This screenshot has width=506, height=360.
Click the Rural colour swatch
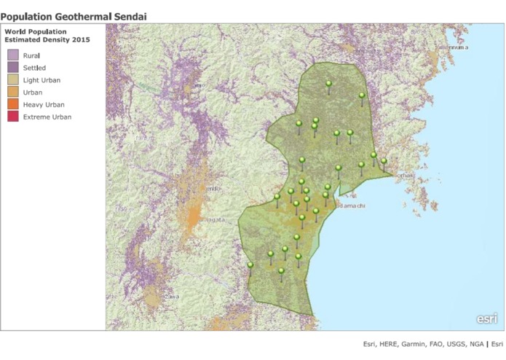pos(13,55)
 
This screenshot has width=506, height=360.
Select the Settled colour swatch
pos(13,67)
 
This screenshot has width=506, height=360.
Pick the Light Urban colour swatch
pos(13,79)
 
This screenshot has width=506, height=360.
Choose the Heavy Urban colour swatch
pos(13,104)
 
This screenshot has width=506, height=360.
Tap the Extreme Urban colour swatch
pos(13,117)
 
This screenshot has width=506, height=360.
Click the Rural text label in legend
pos(31,55)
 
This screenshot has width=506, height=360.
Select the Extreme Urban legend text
pos(47,117)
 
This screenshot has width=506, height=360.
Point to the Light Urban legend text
pos(42,79)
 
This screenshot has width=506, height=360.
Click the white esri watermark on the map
pos(486,318)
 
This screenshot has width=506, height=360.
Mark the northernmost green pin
pos(328,84)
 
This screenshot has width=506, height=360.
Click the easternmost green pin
pos(384,161)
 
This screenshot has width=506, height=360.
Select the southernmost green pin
pos(281,271)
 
